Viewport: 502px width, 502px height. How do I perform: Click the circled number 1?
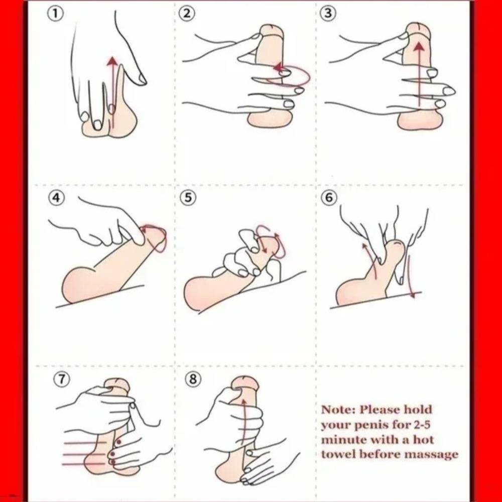(x=55, y=14)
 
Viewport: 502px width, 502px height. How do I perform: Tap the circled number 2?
(x=188, y=14)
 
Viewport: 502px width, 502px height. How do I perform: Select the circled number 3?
(x=327, y=14)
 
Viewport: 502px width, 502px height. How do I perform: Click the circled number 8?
(x=193, y=379)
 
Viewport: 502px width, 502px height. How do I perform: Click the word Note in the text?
(x=338, y=410)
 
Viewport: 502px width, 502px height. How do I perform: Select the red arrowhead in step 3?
(x=419, y=47)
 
